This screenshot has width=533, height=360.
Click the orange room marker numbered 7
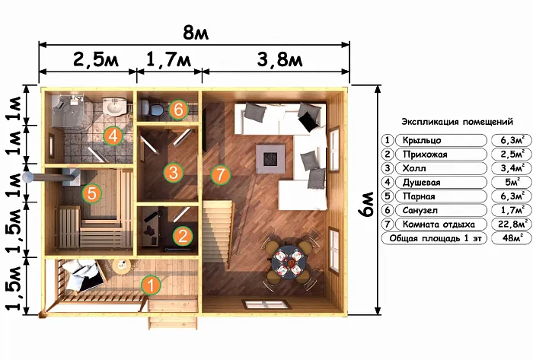(221, 174)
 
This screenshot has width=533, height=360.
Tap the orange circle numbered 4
(113, 135)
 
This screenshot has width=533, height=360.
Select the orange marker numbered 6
(177, 110)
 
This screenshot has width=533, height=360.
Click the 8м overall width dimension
(196, 33)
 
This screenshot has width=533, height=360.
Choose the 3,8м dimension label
(279, 60)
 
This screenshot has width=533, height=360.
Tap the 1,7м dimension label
(168, 60)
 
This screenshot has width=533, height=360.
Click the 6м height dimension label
(366, 204)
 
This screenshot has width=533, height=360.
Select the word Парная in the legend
(419, 196)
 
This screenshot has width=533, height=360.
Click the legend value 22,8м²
(512, 225)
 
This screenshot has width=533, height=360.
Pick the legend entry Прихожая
(425, 155)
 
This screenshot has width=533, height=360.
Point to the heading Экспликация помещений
(457, 122)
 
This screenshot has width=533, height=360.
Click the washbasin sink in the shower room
(114, 107)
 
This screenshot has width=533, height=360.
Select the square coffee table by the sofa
(270, 158)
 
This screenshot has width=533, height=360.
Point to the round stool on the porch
(121, 266)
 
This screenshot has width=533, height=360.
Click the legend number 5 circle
(388, 196)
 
